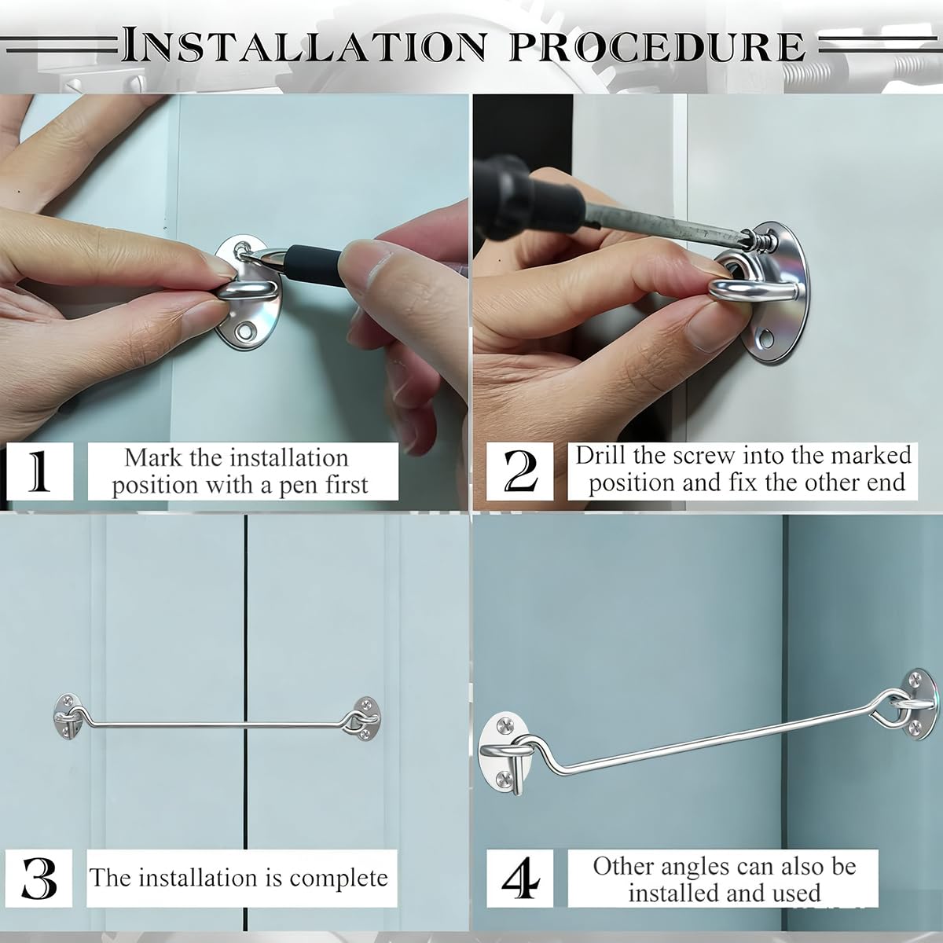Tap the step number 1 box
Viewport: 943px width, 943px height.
coord(39,472)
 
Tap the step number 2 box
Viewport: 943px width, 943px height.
coord(519,472)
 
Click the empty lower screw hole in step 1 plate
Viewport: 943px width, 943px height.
coord(244,332)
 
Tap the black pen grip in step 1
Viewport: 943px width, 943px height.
coord(314,257)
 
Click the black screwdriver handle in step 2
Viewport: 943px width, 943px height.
coord(529,196)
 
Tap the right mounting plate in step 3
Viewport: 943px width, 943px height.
coord(365,718)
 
